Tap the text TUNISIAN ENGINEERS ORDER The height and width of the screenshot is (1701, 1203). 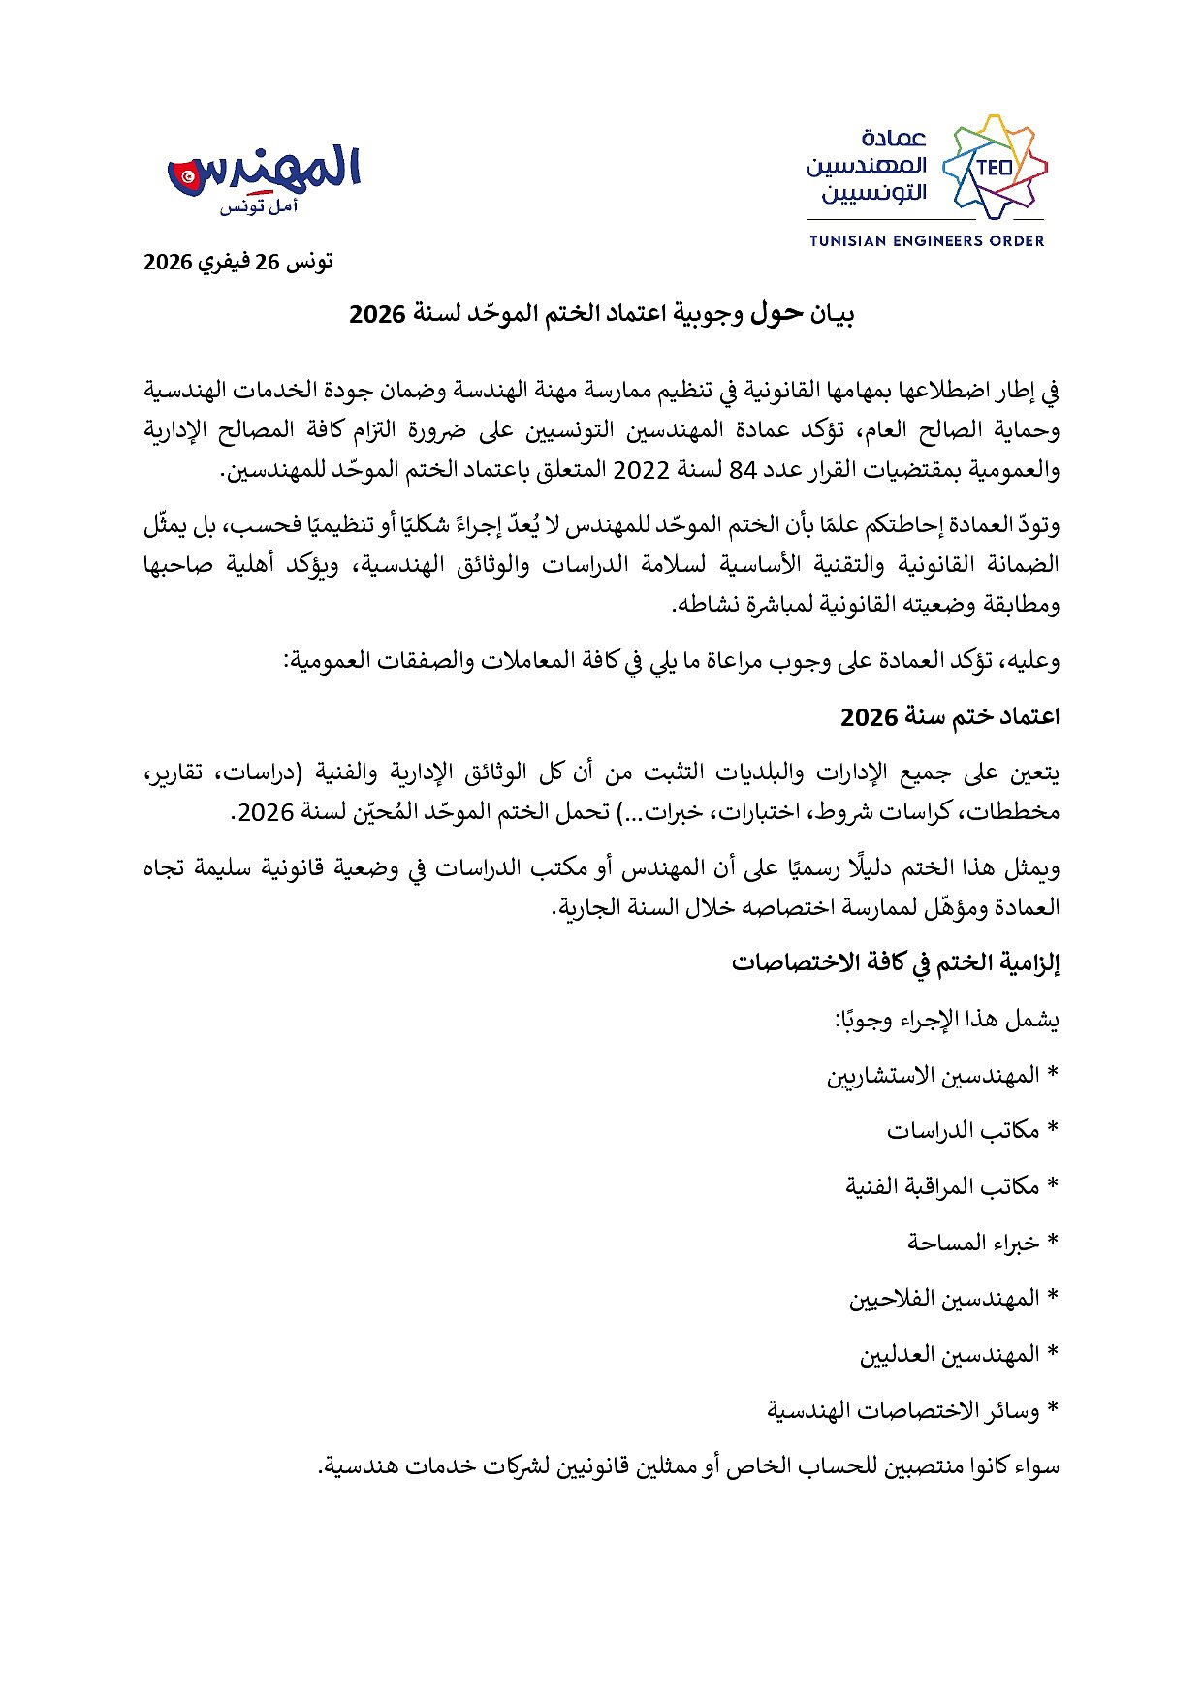pyautogui.click(x=926, y=240)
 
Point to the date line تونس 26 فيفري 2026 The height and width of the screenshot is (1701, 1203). pyautogui.click(x=238, y=262)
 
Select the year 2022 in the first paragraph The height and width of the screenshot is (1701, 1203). pyautogui.click(x=643, y=470)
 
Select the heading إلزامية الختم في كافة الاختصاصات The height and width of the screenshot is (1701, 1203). pyautogui.click(x=895, y=962)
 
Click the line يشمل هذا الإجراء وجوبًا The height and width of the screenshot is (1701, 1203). pyautogui.click(x=947, y=1020)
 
